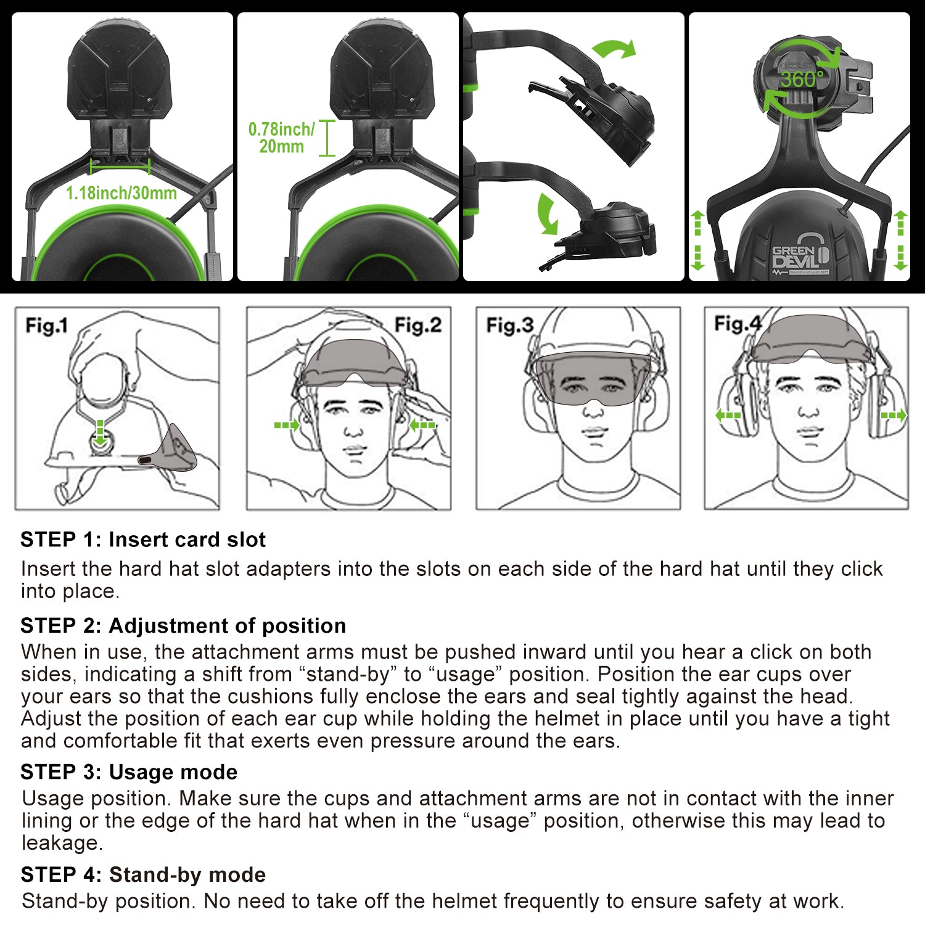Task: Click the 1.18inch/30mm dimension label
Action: click(121, 193)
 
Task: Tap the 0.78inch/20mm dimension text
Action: click(281, 138)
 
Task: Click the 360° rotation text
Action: click(801, 80)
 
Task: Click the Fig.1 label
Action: click(46, 325)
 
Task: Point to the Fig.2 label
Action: click(417, 325)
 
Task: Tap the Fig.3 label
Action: click(509, 325)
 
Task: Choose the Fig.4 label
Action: click(738, 323)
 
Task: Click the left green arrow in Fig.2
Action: click(286, 425)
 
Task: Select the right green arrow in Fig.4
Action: click(894, 416)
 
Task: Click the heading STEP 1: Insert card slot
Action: click(143, 540)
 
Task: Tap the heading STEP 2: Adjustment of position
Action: click(183, 625)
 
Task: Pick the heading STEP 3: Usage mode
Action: click(129, 772)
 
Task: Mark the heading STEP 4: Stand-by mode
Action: click(143, 874)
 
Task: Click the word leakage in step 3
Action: click(61, 843)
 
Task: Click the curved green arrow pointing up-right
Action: click(614, 49)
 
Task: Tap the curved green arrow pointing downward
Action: click(546, 214)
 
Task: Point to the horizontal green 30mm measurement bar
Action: click(120, 166)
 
